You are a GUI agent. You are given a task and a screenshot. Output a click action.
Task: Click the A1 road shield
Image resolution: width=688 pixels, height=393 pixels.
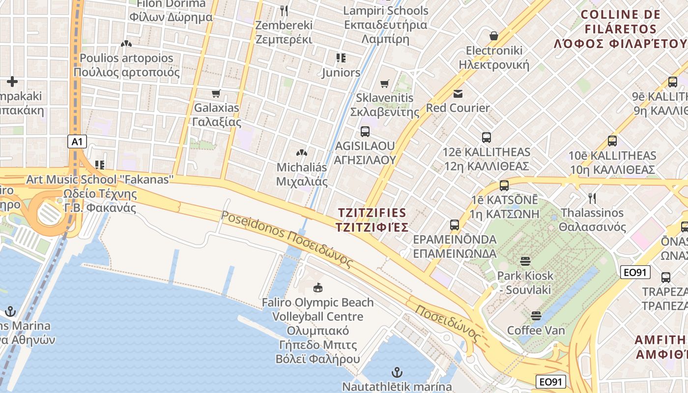(77, 142)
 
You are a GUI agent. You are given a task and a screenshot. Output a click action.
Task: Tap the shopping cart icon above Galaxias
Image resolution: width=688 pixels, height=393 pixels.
(216, 93)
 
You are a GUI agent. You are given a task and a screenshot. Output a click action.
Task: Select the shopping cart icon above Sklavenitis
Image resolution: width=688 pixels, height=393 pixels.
(385, 84)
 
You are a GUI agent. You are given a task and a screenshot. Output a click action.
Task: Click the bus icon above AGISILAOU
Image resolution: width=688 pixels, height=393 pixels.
(365, 131)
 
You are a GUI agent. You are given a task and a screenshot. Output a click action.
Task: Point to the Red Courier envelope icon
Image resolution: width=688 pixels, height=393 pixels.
(458, 93)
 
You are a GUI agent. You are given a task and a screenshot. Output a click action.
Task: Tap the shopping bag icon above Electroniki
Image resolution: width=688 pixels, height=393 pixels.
(494, 36)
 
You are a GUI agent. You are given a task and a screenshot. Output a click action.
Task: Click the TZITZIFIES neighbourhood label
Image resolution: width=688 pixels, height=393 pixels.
(373, 220)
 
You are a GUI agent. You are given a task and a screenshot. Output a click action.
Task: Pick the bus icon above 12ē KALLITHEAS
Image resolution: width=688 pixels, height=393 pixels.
(487, 138)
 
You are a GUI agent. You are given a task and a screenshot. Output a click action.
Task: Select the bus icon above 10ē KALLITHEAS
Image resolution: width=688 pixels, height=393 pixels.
(612, 141)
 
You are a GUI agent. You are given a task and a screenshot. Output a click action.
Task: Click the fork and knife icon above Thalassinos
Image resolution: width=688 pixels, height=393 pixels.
(592, 198)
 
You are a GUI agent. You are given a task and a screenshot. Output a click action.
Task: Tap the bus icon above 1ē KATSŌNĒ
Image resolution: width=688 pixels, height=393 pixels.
(504, 186)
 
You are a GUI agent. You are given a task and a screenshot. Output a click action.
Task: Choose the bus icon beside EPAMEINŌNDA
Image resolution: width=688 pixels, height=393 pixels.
(455, 225)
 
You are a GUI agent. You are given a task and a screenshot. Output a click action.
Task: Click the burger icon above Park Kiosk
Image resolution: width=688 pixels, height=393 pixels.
(525, 261)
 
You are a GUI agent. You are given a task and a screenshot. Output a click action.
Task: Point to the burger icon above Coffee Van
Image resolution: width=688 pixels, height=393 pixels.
(536, 315)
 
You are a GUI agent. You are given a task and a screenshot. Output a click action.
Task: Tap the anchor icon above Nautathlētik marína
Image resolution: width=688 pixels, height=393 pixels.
(397, 372)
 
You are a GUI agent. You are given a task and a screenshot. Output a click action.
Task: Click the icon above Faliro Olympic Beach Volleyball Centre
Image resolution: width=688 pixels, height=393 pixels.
(317, 287)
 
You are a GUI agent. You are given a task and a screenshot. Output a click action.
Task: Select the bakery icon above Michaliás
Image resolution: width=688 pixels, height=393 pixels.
(302, 153)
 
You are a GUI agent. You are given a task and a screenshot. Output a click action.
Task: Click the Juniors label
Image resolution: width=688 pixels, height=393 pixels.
(341, 73)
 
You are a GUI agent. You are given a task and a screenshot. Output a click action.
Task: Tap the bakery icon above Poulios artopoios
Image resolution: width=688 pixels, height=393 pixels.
(126, 44)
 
